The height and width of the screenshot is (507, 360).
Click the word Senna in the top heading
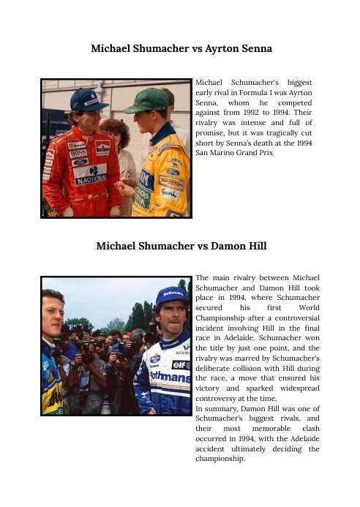tap(252, 49)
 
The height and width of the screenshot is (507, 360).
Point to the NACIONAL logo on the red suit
tap(91, 179)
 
